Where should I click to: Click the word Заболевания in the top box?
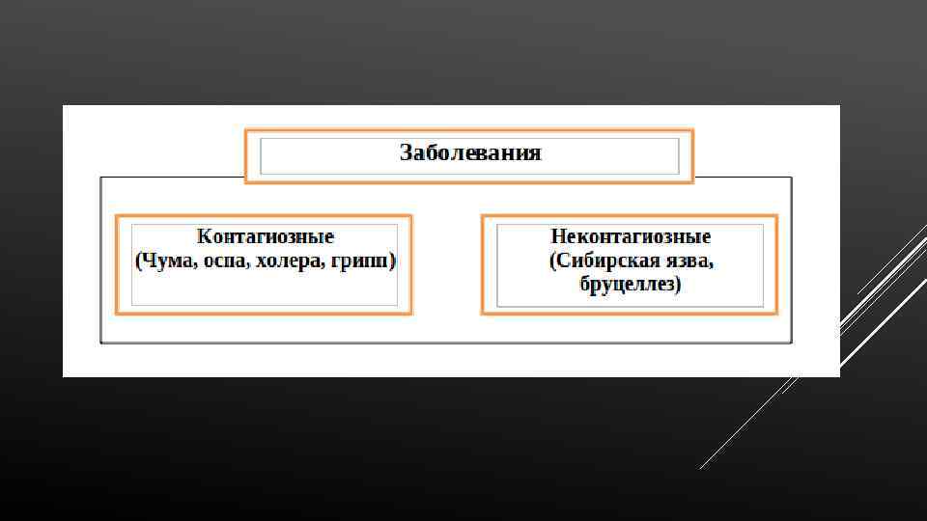tap(470, 153)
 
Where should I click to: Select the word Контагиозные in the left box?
tap(266, 236)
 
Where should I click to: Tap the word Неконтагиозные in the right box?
tap(631, 236)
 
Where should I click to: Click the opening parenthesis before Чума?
tap(139, 262)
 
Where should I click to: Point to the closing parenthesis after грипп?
tap(393, 262)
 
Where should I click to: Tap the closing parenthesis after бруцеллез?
tap(679, 286)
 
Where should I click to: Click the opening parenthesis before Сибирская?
tap(552, 262)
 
